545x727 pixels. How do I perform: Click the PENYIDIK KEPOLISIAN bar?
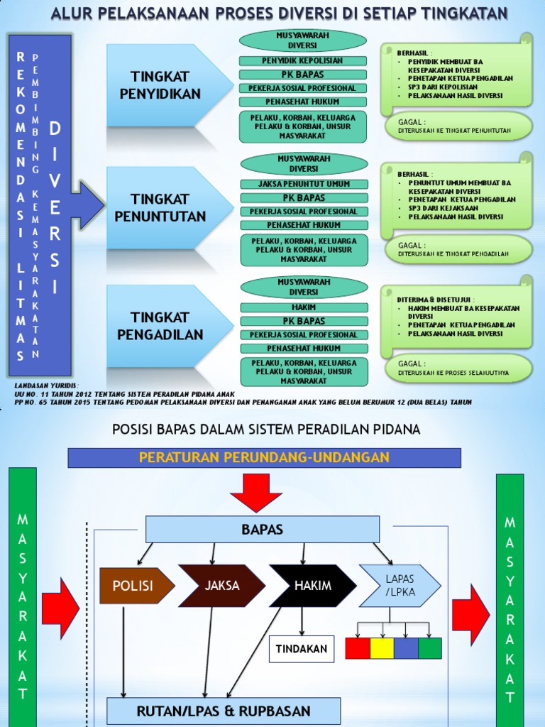click(303, 61)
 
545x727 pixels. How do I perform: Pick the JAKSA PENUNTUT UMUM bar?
click(304, 184)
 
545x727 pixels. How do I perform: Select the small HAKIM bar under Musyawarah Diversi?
click(304, 307)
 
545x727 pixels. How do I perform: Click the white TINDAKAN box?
click(301, 649)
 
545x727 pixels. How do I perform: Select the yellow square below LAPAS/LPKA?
click(382, 648)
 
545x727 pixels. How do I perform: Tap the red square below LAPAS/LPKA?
click(358, 648)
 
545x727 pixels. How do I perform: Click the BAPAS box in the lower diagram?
click(263, 529)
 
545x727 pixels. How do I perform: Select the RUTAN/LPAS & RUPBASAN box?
click(224, 711)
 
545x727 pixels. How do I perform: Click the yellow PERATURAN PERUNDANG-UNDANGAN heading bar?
click(264, 458)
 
